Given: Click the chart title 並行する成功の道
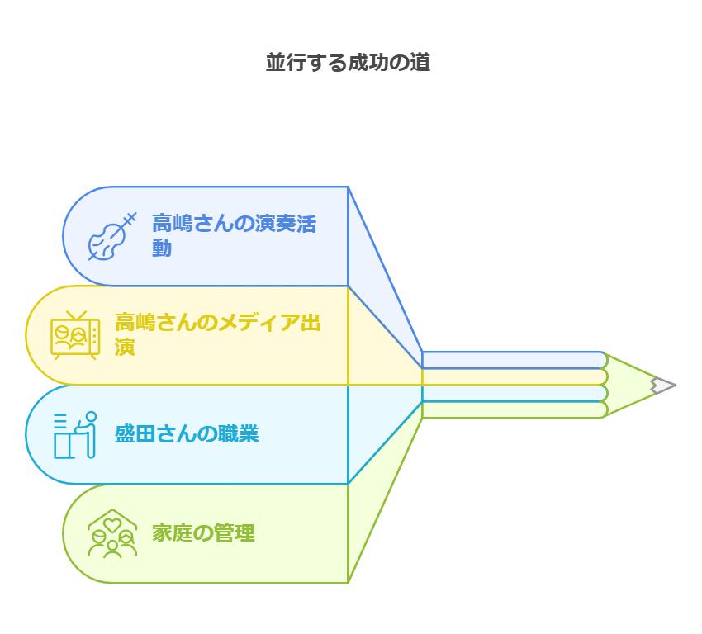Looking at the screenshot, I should [x=348, y=63].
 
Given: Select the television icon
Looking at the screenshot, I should [x=75, y=335].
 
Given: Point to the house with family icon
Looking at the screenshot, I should [x=112, y=533].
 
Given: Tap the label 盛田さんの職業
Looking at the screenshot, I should [x=187, y=434].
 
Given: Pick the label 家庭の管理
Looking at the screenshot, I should [x=203, y=533].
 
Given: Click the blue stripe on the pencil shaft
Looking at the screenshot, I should [x=512, y=360].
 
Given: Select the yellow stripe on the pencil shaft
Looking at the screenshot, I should [x=512, y=376].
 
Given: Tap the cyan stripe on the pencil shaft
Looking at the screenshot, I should [x=512, y=393].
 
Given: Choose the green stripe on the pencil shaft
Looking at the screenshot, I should [x=512, y=409].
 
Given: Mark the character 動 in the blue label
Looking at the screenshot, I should [x=162, y=248].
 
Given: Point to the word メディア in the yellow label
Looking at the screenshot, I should [x=240, y=323].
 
